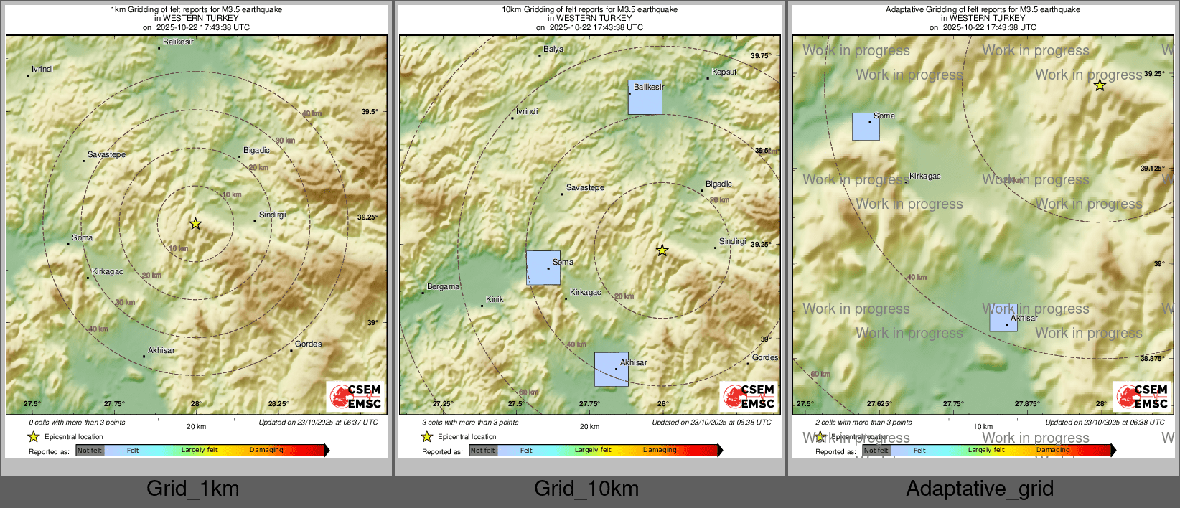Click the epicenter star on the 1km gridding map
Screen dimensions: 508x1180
[195, 223]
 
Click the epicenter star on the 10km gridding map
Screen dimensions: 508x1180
[662, 250]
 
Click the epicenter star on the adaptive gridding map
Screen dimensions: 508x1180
[1100, 85]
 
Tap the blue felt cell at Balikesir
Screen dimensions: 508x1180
[645, 98]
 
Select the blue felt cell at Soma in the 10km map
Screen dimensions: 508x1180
[543, 268]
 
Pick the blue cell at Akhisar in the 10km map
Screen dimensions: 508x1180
[611, 369]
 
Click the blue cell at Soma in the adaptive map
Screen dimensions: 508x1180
[866, 126]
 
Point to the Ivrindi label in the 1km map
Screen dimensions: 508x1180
[42, 69]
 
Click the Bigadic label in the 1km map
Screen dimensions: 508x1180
[256, 150]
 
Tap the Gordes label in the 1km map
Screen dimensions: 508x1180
[308, 344]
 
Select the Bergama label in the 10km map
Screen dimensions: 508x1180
[443, 286]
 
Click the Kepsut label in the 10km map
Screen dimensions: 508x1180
[724, 72]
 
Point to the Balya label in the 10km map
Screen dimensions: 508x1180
[553, 49]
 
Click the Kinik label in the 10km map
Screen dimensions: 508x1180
[495, 299]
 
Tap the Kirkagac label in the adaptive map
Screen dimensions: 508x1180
[924, 176]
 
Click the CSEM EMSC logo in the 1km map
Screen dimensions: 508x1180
[356, 397]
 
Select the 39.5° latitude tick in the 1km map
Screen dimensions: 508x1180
[370, 111]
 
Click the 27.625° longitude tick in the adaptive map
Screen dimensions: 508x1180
[879, 403]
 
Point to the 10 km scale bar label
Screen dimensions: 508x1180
[983, 426]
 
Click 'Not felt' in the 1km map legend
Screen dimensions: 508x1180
[90, 451]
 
